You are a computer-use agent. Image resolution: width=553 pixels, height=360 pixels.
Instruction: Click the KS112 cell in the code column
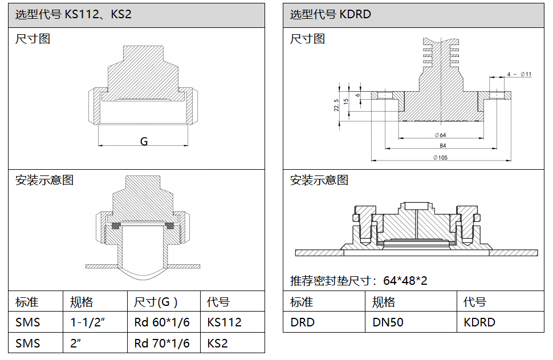coord(225,322)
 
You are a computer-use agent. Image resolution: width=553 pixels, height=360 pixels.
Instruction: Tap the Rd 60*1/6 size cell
coord(162,322)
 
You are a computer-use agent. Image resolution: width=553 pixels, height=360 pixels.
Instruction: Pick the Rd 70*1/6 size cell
coord(162,343)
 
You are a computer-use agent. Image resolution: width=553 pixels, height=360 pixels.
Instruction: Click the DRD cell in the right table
coord(302,322)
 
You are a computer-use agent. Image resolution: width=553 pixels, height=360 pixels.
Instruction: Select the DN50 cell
coord(388,322)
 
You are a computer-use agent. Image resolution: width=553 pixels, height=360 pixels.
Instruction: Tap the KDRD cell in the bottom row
coord(479,322)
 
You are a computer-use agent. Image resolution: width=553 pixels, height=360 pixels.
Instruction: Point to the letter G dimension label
coord(144,141)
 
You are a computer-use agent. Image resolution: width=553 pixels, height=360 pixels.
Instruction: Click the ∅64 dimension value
coord(440,135)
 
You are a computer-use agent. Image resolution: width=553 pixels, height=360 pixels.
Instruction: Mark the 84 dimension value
coord(442,146)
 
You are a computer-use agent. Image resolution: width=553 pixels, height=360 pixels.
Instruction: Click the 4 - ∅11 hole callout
coord(519,74)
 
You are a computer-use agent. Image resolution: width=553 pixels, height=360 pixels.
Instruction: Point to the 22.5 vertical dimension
coord(337,105)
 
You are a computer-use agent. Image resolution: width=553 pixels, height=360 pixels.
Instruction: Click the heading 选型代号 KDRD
coord(331,14)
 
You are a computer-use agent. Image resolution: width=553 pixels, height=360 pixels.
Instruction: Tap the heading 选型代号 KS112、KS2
coord(73,14)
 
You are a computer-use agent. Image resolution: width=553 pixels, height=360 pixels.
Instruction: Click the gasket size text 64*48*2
coord(405,281)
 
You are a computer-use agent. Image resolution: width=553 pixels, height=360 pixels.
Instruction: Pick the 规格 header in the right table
coord(384,302)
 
